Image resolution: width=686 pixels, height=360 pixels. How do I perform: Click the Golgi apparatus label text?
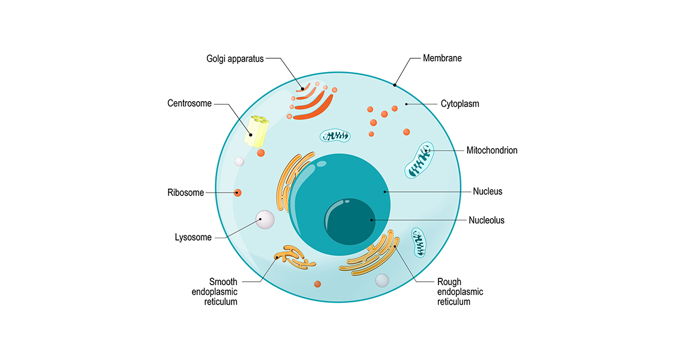[x=235, y=59]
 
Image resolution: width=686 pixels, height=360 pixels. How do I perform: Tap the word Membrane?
[x=442, y=58]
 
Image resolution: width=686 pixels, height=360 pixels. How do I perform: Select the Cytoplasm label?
[x=460, y=104]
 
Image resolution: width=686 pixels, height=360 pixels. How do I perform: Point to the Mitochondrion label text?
[x=492, y=150]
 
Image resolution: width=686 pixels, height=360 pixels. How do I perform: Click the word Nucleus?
[x=488, y=191]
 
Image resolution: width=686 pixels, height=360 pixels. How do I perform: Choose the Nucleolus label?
[x=486, y=220]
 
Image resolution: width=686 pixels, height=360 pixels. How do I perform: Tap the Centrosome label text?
[x=189, y=103]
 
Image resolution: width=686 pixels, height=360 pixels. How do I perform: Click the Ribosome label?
[x=186, y=193]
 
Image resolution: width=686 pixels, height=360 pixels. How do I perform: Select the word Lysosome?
[x=193, y=237]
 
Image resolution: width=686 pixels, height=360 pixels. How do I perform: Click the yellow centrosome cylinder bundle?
[x=257, y=131]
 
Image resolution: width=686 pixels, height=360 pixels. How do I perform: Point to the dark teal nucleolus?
[x=350, y=221]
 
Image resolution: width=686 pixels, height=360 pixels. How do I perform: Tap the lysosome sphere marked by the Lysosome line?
[x=265, y=219]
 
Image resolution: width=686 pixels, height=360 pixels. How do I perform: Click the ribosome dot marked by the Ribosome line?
[x=238, y=193]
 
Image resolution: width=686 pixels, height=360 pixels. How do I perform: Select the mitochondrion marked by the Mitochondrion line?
[x=419, y=160]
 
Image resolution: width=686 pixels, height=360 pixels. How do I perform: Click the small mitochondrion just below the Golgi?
[x=335, y=135]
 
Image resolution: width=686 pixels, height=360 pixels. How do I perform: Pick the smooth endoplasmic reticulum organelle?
[x=294, y=257]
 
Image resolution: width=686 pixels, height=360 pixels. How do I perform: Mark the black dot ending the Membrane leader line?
[x=395, y=85]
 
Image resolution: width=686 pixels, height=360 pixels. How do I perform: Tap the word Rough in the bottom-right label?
[x=449, y=282]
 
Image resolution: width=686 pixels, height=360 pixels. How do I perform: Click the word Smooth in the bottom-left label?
[x=223, y=282]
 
